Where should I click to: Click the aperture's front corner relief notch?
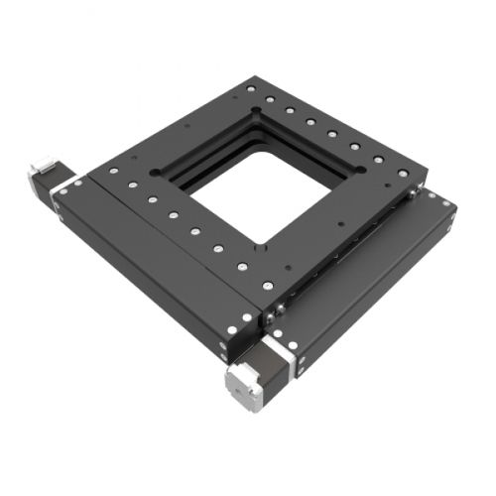[x=261, y=243]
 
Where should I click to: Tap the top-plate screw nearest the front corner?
[x=265, y=285]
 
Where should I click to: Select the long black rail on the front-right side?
[x=367, y=278]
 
